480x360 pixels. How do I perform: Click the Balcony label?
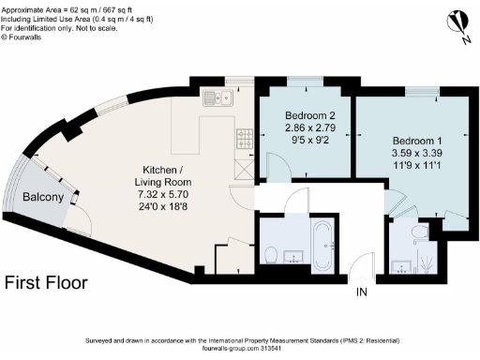44,197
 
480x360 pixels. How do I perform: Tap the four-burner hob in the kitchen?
244,141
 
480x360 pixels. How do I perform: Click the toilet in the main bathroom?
270,254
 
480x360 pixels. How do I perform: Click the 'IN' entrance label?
363,292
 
